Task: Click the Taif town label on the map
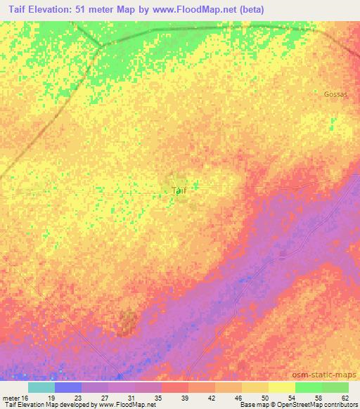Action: click(x=179, y=190)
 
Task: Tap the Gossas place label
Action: click(x=335, y=93)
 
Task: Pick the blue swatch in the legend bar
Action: click(x=68, y=387)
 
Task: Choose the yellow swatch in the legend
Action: click(x=282, y=387)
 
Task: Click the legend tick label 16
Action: click(x=27, y=397)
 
